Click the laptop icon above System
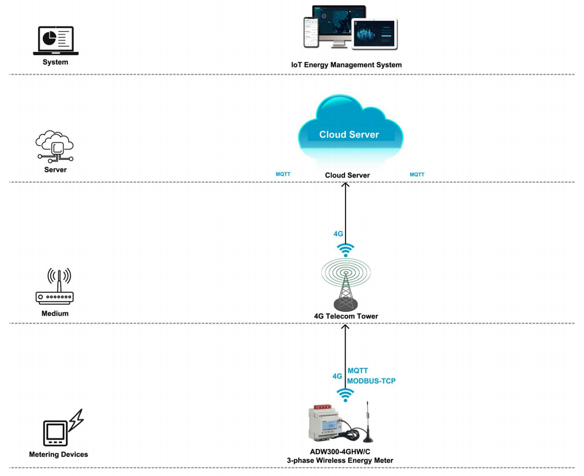coord(56,41)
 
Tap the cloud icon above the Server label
coord(55,146)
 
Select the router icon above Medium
coord(55,286)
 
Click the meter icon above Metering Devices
coord(63,428)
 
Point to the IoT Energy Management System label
coord(347,65)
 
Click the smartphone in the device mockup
coord(312,32)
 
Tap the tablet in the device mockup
coord(375,34)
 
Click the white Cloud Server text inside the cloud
coord(349,134)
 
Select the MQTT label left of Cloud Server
coord(283,174)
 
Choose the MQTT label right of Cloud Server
coord(417,175)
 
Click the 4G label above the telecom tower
coord(338,233)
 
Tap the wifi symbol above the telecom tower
coord(346,250)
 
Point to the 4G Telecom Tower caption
coord(346,316)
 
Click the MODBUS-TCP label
coord(371,381)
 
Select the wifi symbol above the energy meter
coord(346,395)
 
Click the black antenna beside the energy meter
coord(368,423)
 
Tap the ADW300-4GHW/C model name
coord(340,452)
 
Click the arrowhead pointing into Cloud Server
coord(346,185)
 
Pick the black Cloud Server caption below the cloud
coord(348,175)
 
